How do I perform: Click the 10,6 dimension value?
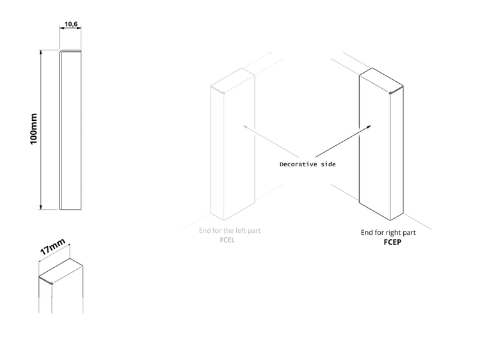[x=71, y=24]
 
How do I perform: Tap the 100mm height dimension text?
[x=33, y=129]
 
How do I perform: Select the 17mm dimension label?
[x=52, y=247]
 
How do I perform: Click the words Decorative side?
[x=308, y=164]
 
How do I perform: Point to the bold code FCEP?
[x=392, y=242]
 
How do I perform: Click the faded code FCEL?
[x=227, y=240]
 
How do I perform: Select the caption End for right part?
[x=388, y=233]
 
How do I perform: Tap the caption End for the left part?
[x=230, y=231]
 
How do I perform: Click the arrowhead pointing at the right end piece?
[x=371, y=126]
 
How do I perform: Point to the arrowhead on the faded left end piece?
[x=244, y=126]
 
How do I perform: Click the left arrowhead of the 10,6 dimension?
[x=61, y=28]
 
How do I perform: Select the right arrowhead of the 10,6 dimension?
[x=80, y=28]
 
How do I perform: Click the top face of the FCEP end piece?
[x=381, y=81]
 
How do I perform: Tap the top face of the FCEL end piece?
[x=233, y=81]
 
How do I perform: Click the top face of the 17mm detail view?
[x=61, y=271]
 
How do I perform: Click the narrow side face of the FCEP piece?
[x=397, y=153]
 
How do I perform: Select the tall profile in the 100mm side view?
[x=70, y=130]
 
